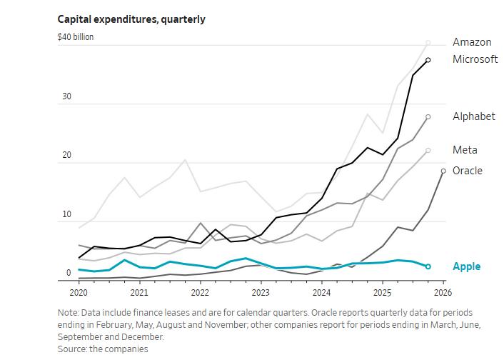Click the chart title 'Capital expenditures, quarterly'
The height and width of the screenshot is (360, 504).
click(x=131, y=19)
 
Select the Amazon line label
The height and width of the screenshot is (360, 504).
click(x=472, y=43)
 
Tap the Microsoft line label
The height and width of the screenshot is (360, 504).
click(x=475, y=59)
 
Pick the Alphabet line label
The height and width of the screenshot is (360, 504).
click(x=473, y=116)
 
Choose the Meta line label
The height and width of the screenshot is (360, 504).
click(x=465, y=150)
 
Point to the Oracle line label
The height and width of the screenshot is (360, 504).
click(x=467, y=171)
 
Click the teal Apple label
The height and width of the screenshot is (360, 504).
click(x=466, y=266)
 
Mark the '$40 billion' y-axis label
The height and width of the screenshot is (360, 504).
click(x=76, y=37)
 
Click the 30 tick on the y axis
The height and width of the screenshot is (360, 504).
click(x=66, y=96)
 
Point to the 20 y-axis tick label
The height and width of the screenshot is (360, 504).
click(x=66, y=156)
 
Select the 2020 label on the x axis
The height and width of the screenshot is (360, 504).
click(x=79, y=293)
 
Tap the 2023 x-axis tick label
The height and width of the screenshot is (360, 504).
click(x=261, y=293)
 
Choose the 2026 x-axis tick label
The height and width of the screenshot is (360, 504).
click(x=443, y=293)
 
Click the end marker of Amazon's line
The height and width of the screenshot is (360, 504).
click(x=428, y=43)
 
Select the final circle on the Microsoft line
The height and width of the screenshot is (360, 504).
click(x=428, y=60)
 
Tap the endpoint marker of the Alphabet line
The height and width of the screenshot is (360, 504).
click(x=428, y=116)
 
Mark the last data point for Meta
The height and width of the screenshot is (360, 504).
click(x=428, y=151)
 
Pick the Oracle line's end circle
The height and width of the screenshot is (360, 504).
click(x=443, y=171)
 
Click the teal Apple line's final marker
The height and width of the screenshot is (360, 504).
click(x=428, y=266)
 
